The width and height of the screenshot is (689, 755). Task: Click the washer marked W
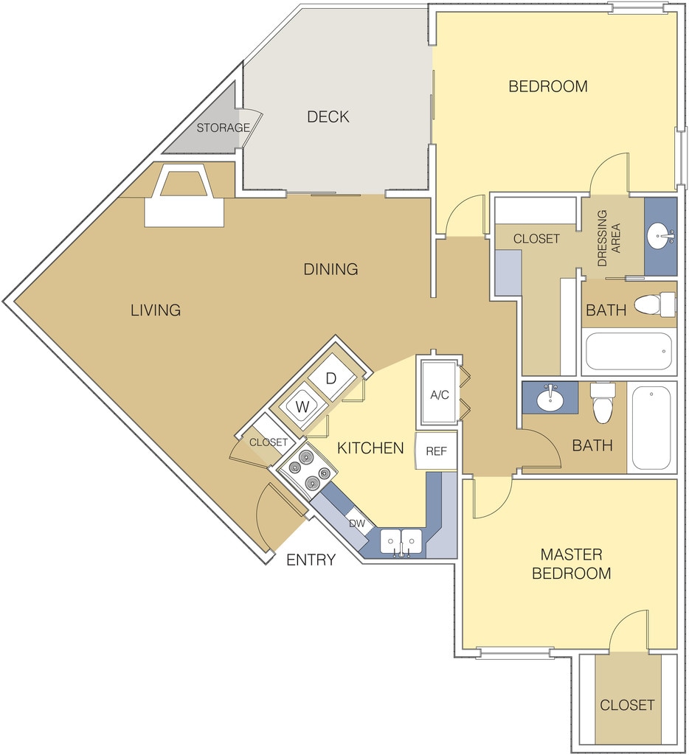[302, 406]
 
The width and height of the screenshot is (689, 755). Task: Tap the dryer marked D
[331, 378]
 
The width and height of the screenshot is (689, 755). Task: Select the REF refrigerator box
[436, 450]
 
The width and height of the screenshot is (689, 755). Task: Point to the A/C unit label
[439, 394]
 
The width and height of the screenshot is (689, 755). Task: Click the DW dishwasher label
[357, 523]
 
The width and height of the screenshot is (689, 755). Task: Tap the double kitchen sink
[401, 541]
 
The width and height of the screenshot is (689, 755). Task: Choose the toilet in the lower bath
[603, 403]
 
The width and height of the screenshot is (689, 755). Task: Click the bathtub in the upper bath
[629, 352]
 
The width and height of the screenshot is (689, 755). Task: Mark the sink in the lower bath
[549, 400]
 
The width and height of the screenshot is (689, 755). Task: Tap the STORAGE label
[223, 128]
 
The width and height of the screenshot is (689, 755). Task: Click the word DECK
[328, 116]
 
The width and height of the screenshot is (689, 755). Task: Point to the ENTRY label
[311, 560]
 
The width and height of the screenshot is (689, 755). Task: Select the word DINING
[330, 269]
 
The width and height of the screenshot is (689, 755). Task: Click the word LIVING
[156, 310]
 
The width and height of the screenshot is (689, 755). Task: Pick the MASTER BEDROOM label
[571, 563]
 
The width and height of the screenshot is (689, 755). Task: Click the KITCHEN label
[370, 448]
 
